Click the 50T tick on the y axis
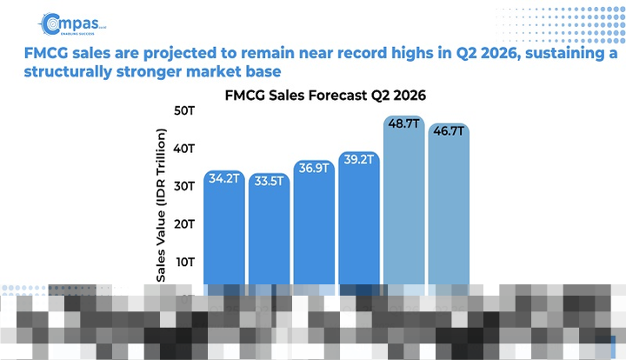[x=183, y=110]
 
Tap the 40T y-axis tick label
[x=183, y=149]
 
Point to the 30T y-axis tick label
[x=183, y=186]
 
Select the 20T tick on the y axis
[x=183, y=224]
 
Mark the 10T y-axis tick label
[x=183, y=262]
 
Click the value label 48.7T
[x=404, y=124]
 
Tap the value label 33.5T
[x=269, y=181]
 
